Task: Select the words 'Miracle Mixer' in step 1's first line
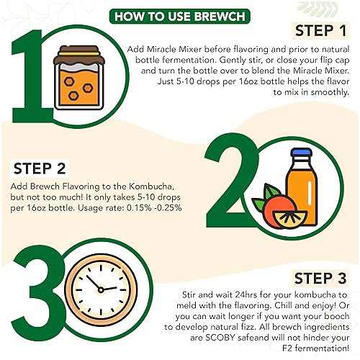172,48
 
